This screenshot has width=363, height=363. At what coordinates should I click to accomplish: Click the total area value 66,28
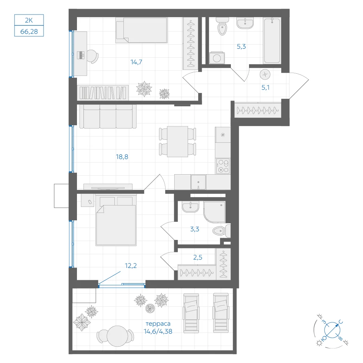click(29, 32)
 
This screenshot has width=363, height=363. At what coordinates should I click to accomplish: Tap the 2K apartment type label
click(29, 20)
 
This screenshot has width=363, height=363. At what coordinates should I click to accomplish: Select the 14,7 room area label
click(136, 62)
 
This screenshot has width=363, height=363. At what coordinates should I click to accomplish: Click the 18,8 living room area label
click(122, 157)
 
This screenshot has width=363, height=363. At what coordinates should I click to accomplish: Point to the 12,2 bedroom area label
click(131, 266)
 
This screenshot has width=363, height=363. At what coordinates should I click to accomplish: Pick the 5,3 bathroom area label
click(241, 46)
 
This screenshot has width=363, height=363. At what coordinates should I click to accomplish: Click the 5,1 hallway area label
click(265, 87)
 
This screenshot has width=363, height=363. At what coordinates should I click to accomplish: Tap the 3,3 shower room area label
click(195, 229)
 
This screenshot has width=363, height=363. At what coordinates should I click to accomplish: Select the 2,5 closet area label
click(198, 257)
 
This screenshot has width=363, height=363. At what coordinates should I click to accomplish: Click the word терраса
click(158, 323)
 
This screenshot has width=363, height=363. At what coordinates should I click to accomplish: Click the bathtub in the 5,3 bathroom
click(272, 41)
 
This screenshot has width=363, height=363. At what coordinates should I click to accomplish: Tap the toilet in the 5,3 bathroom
click(222, 26)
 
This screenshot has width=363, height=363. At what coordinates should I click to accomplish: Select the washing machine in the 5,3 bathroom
click(217, 58)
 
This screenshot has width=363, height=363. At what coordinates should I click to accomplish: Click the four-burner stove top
click(223, 166)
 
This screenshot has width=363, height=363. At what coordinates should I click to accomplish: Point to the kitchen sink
click(198, 182)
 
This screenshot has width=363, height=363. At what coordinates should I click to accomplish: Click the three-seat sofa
click(108, 116)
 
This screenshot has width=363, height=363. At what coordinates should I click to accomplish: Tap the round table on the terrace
click(117, 336)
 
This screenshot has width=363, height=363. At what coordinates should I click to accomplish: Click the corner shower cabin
click(215, 212)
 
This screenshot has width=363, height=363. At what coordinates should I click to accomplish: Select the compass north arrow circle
click(332, 330)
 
